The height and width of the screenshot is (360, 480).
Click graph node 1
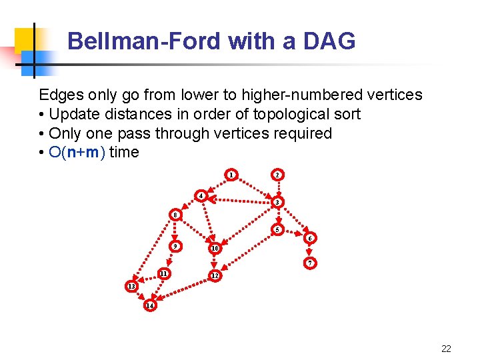tap(231, 175)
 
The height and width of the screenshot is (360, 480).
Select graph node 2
tap(277, 175)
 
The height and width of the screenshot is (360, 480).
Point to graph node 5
tap(278, 230)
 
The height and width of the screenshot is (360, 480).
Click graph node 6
tap(309, 238)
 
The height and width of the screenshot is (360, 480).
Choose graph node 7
tap(309, 263)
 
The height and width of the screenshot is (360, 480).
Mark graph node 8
tap(175, 215)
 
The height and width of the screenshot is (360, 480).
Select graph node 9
tap(175, 246)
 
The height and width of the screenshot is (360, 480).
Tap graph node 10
tap(214, 249)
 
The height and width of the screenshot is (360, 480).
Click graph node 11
tap(163, 273)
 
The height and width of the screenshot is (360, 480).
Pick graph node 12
tap(214, 275)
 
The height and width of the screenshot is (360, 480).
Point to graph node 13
tap(131, 286)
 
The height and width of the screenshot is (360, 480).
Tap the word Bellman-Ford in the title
tap(143, 42)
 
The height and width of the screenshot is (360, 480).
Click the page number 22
tap(446, 348)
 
